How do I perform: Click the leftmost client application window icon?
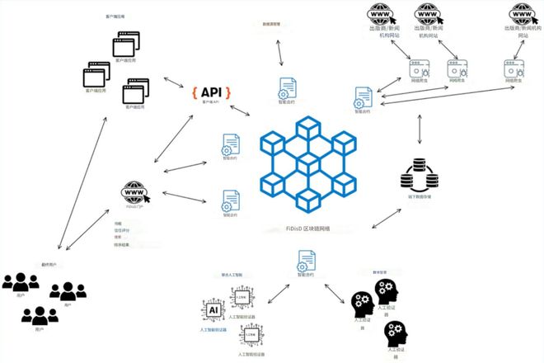(x=96, y=75)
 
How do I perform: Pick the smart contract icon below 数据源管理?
(x=288, y=87)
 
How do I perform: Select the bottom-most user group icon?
(x=40, y=314)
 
